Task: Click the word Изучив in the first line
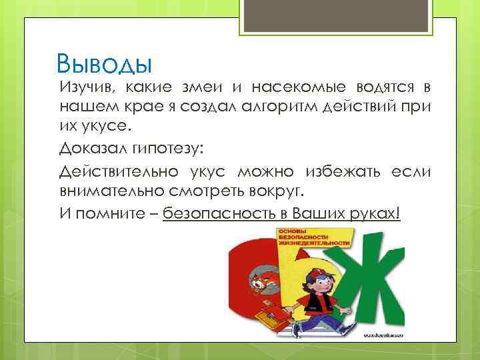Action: point(83,89)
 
